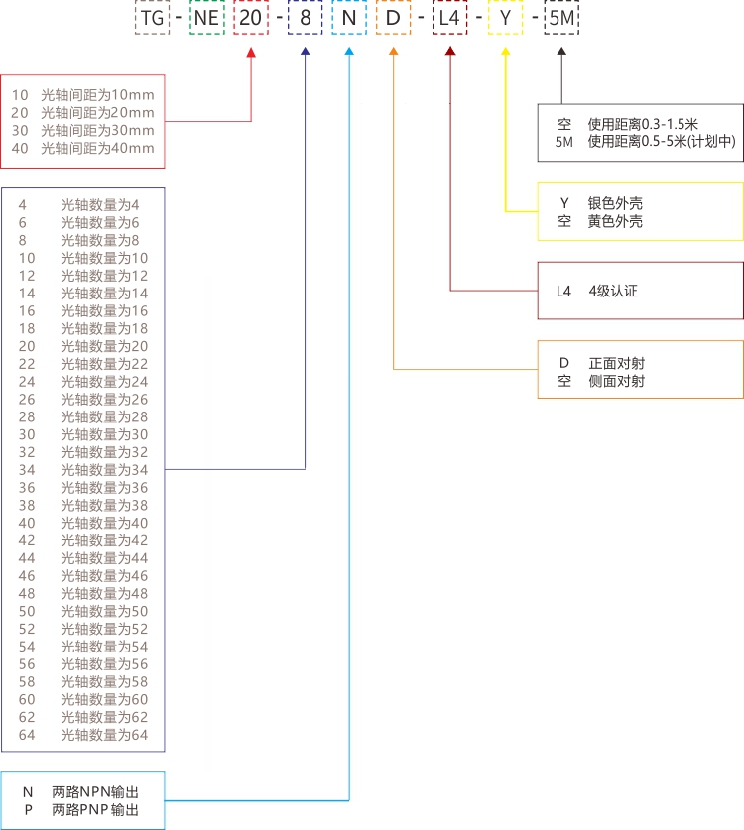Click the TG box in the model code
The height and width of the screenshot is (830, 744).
[x=152, y=19]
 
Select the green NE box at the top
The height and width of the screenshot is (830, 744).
[x=206, y=19]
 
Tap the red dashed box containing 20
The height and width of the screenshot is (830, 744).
[x=251, y=19]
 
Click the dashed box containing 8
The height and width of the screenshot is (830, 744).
[x=304, y=19]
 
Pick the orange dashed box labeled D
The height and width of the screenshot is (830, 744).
[x=394, y=19]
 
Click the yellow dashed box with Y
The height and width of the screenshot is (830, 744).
[x=506, y=19]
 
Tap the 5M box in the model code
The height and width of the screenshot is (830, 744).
[x=562, y=19]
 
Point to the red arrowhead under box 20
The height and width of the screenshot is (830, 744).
[x=251, y=52]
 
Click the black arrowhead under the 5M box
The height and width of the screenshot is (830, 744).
[x=562, y=52]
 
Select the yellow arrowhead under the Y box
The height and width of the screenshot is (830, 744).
[x=506, y=52]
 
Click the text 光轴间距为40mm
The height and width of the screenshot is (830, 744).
[x=97, y=148]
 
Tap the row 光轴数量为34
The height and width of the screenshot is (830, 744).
[x=104, y=469]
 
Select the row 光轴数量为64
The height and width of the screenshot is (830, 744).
[x=104, y=734]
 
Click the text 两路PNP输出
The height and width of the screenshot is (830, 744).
[x=95, y=810]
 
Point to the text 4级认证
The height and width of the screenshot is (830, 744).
[x=613, y=291]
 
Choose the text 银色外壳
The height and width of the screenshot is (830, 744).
[x=615, y=203]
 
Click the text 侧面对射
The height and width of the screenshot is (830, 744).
[x=616, y=381]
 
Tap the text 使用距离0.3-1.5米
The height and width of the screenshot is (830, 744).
[x=643, y=124]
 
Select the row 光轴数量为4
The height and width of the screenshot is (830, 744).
[x=100, y=204]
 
